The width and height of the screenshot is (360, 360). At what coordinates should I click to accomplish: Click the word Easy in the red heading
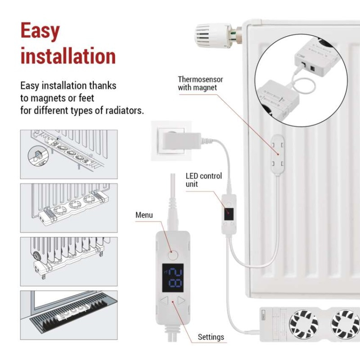[x=40, y=31]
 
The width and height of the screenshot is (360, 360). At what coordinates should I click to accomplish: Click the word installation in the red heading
[x=68, y=57]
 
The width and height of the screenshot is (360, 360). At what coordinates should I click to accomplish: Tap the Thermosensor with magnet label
[x=200, y=83]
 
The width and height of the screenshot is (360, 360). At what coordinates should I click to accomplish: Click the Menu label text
[x=144, y=215]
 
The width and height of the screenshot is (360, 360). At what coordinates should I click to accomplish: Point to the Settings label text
[x=211, y=337]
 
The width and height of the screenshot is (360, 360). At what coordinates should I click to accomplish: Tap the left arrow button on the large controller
[x=164, y=301]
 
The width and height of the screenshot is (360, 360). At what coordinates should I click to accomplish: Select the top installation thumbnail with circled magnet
[x=69, y=154]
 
